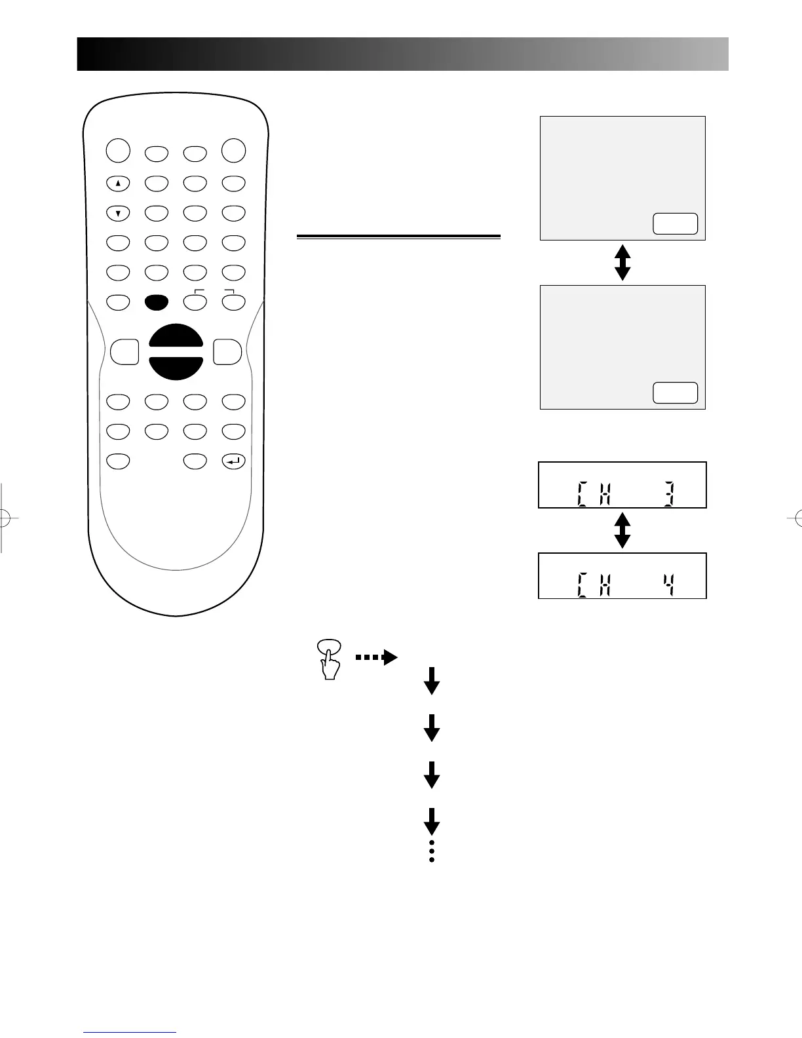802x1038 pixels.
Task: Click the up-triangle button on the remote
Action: (118, 184)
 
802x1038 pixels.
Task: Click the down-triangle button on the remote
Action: (118, 213)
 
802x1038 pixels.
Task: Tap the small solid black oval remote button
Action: (157, 302)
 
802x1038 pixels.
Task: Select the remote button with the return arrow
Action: (234, 462)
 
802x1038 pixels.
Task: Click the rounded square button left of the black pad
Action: (124, 352)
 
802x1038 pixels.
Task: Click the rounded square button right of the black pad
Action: (227, 352)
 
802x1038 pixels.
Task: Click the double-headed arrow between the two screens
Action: (622, 262)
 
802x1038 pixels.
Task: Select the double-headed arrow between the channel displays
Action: (622, 530)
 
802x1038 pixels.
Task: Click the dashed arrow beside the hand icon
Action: (377, 657)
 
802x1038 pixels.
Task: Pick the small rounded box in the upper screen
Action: (676, 224)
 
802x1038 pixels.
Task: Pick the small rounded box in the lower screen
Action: (676, 393)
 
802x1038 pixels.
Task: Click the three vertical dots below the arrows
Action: (432, 851)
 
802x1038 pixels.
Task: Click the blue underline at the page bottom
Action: (130, 1032)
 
